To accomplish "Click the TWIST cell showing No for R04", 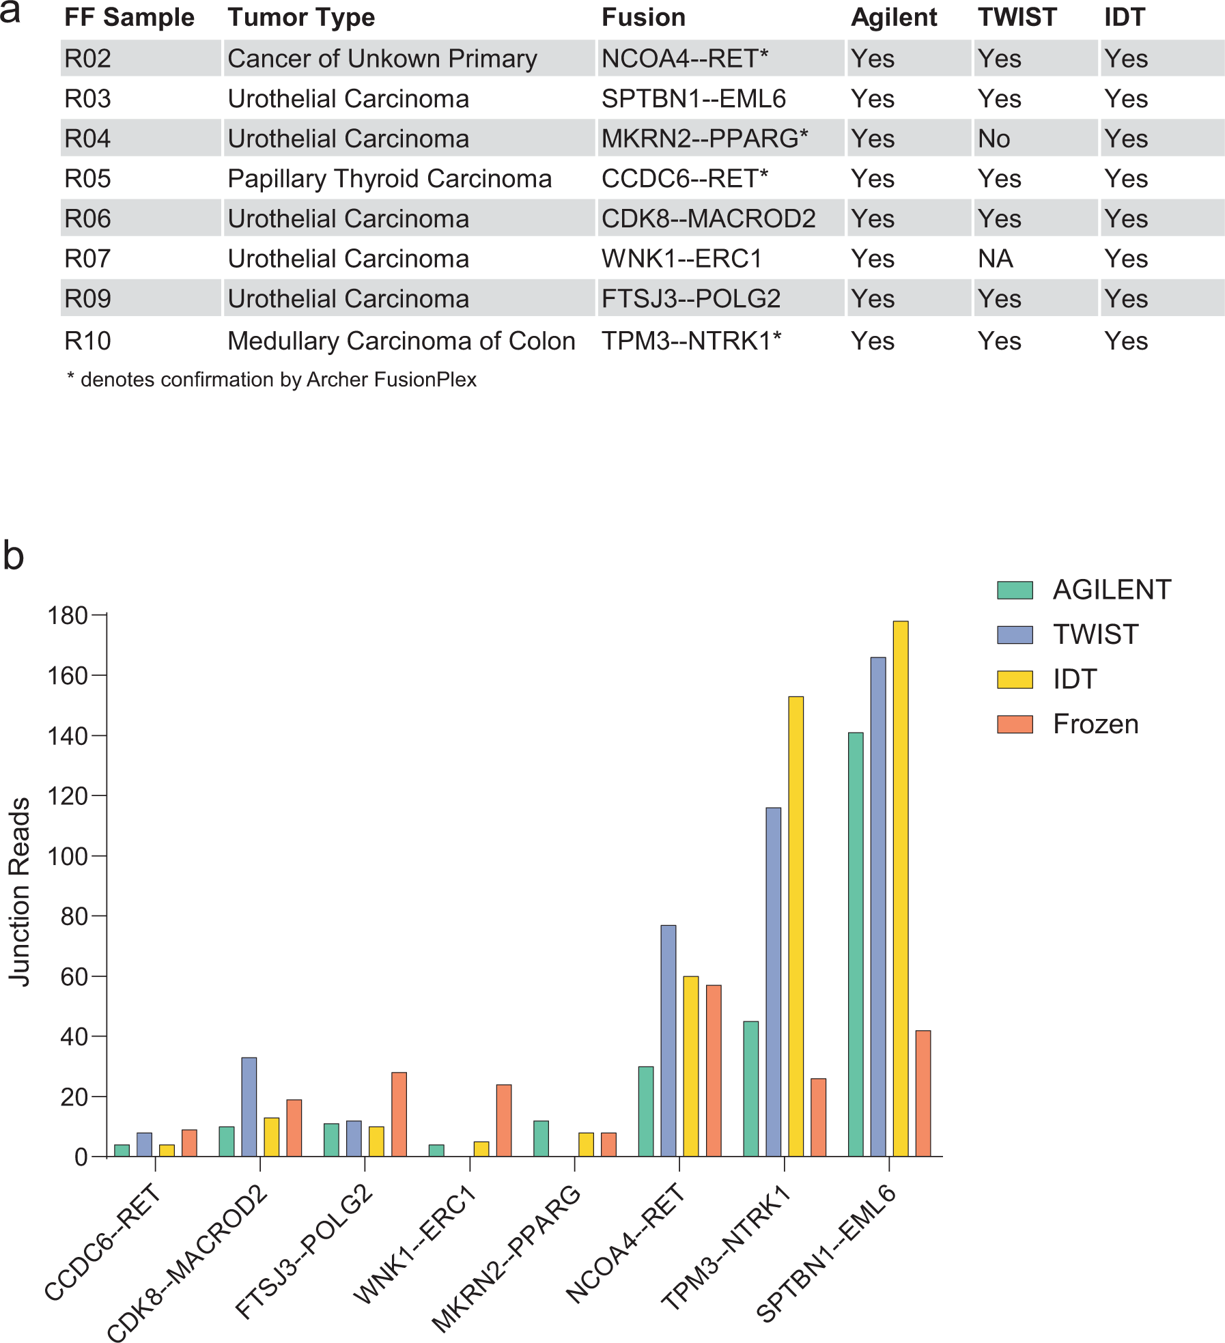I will [x=994, y=139].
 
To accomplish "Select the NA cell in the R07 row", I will [x=995, y=259].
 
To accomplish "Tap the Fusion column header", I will [x=643, y=18].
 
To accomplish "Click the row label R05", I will [x=87, y=179].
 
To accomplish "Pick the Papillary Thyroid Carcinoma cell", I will [x=389, y=179].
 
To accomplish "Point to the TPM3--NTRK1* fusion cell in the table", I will [x=690, y=341].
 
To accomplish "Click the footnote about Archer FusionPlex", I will [x=272, y=380].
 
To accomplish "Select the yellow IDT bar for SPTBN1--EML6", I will [x=900, y=888].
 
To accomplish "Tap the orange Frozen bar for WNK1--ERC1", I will [x=504, y=1120].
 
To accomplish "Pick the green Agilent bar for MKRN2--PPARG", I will [x=541, y=1138].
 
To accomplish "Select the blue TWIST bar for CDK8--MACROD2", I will [x=249, y=1107].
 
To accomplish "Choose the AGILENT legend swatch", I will [x=1015, y=590].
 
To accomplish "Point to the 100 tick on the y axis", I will [x=68, y=856].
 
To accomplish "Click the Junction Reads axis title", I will [x=20, y=892].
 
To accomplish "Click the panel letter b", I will [x=14, y=556].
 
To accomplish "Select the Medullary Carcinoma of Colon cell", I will [x=401, y=341].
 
